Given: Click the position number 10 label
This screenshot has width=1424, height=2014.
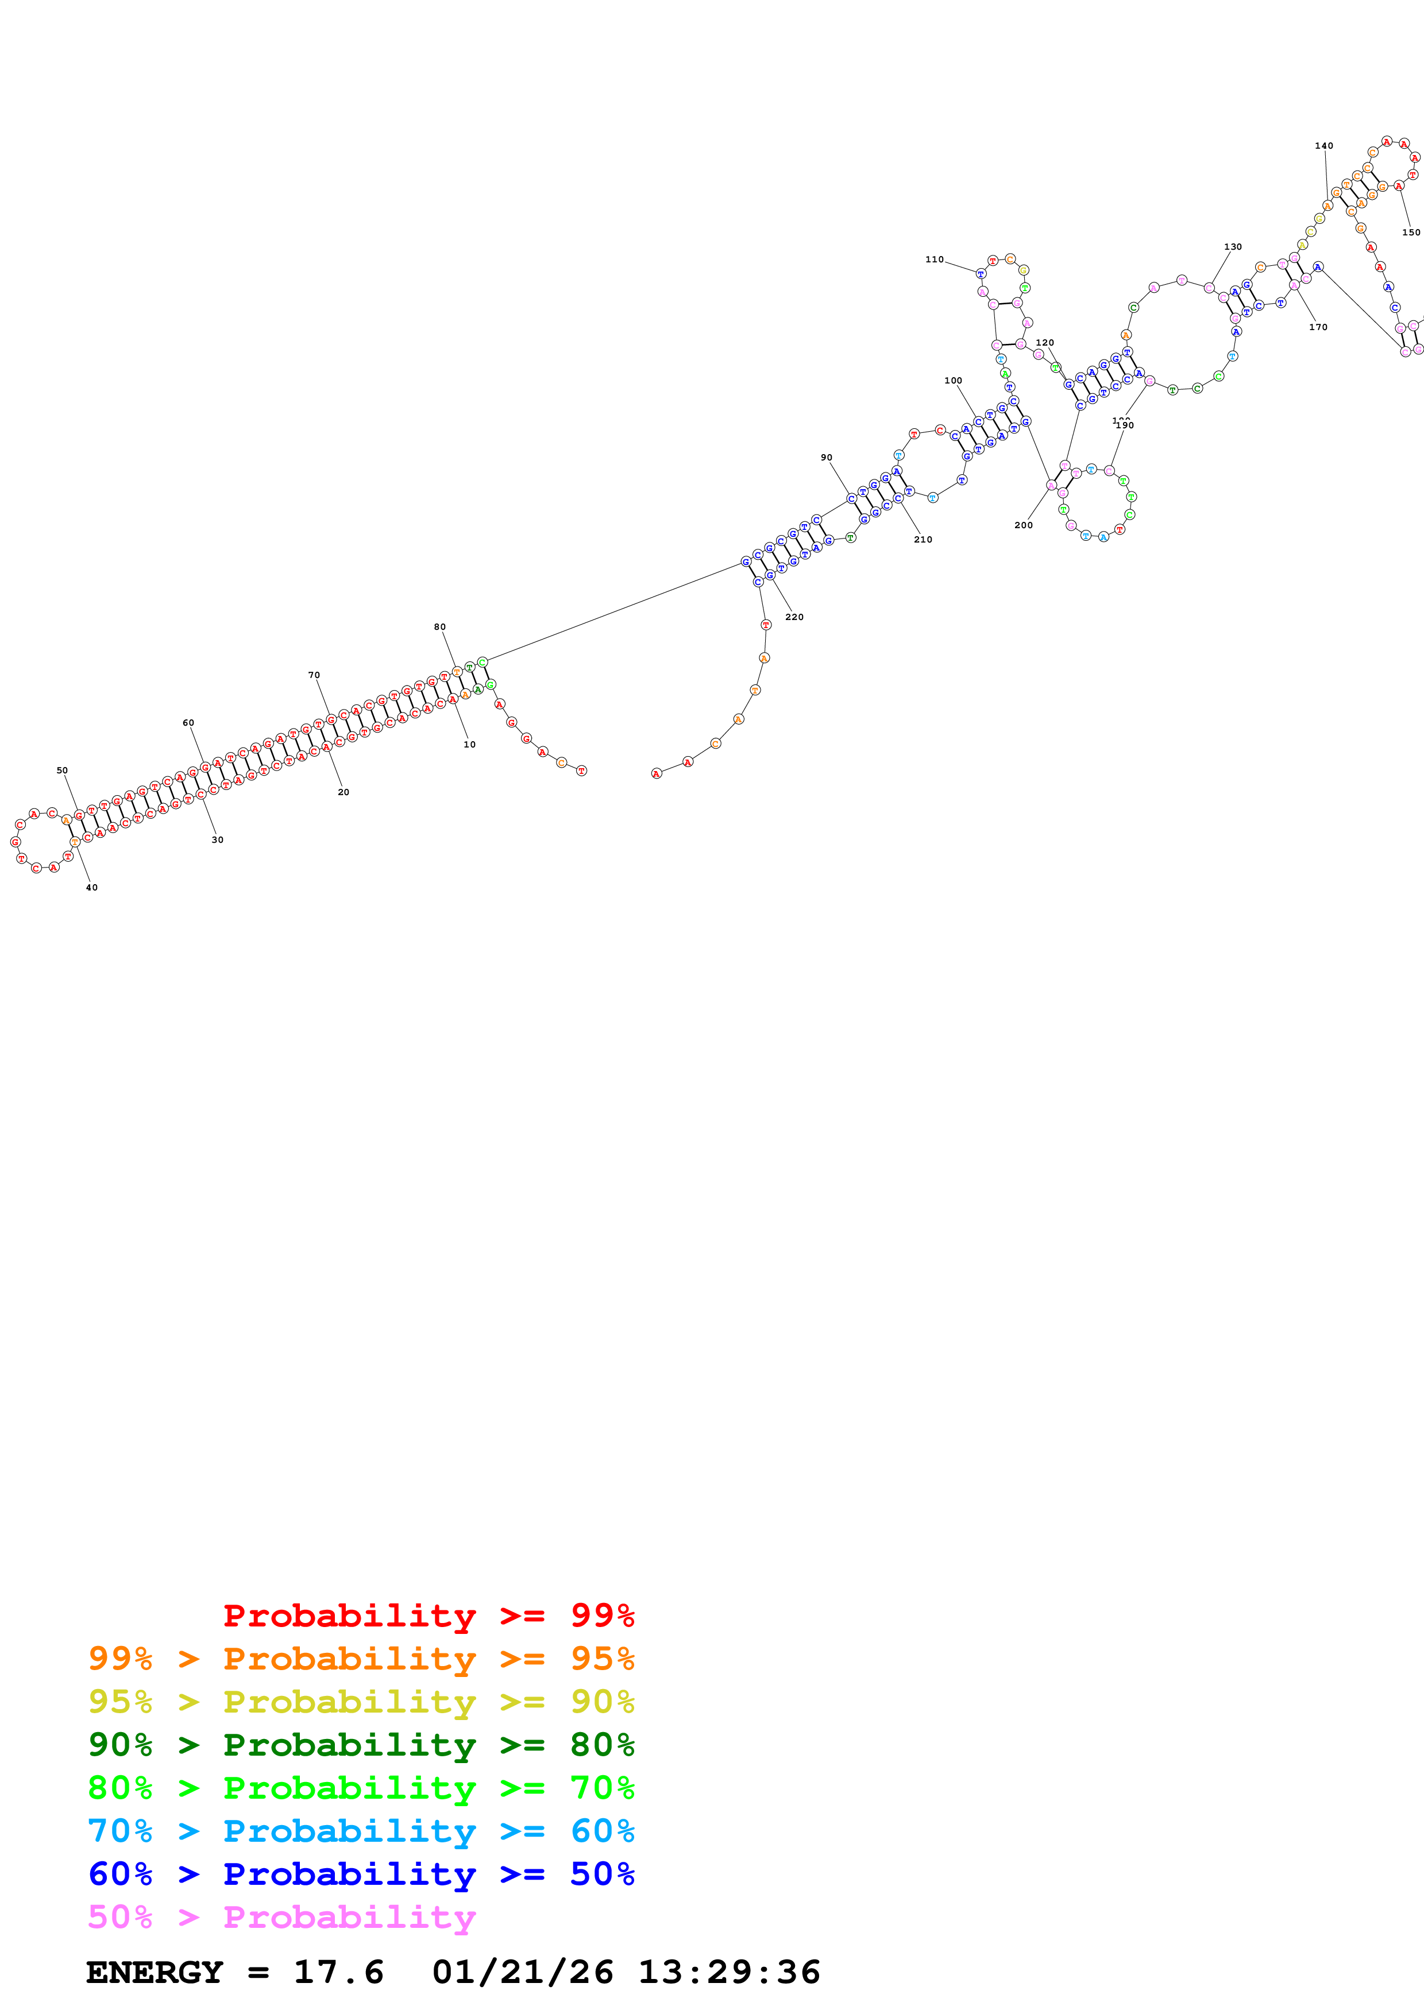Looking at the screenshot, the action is click(469, 745).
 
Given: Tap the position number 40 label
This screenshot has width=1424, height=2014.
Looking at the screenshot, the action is click(91, 888).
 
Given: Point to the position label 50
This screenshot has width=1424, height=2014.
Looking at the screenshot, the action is click(62, 770).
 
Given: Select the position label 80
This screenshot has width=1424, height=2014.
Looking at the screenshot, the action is click(439, 627).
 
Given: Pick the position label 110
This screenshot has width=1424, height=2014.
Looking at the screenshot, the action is click(935, 260).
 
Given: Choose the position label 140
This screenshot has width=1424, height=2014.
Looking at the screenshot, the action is click(1324, 146).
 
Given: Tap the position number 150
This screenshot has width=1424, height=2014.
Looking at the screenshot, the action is click(1411, 233).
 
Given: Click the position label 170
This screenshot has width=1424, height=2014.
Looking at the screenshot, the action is click(1318, 327).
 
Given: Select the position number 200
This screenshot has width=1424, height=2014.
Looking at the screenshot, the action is click(1023, 525).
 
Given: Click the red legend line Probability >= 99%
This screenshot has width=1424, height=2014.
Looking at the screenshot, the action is click(428, 1616).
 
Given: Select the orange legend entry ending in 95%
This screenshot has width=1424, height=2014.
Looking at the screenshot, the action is click(361, 1659).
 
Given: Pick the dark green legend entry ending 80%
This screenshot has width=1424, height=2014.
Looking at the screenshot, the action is click(361, 1745).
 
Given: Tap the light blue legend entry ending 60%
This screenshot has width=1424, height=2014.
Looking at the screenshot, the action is click(361, 1831).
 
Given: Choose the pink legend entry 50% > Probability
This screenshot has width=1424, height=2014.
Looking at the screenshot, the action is click(281, 1916).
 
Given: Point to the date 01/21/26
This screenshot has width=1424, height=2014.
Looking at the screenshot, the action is click(522, 1972).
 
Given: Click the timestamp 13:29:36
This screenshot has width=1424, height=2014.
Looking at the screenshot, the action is click(728, 1972).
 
